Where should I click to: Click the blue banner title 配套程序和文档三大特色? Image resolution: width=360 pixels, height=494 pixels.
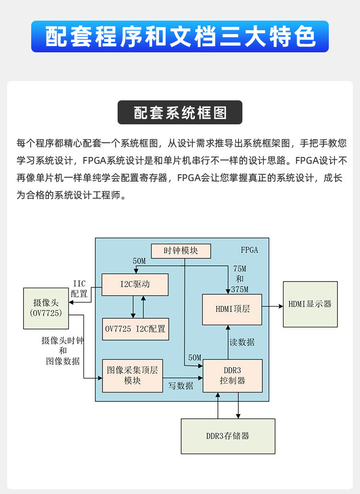[x=180, y=37]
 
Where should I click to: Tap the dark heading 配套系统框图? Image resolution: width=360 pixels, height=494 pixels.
[x=180, y=113]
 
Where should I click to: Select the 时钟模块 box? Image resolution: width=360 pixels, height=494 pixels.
[x=181, y=251]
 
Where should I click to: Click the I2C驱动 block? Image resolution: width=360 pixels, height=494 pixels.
[x=135, y=284]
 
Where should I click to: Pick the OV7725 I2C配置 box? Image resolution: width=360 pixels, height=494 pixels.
[x=135, y=329]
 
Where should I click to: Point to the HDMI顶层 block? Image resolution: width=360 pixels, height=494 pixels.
[x=232, y=309]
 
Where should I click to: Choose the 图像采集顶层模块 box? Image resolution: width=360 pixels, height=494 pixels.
[x=132, y=375]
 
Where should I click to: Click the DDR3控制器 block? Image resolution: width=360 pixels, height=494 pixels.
[x=233, y=375]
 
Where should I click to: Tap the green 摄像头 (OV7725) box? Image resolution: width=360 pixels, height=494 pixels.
[x=46, y=308]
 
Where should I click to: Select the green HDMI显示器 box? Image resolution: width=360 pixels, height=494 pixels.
[x=310, y=304]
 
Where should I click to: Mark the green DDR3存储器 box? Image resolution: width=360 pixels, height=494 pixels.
[x=228, y=436]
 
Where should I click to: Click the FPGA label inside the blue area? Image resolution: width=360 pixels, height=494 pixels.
[x=249, y=250]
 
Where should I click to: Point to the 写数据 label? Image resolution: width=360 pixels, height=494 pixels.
[x=180, y=386]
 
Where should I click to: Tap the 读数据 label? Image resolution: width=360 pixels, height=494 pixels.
[x=242, y=342]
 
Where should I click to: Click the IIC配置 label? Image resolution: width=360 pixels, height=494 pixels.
[x=79, y=289]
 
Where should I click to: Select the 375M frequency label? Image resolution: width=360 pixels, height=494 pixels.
[x=240, y=289]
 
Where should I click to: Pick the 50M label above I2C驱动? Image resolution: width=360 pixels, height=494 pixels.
[x=139, y=261]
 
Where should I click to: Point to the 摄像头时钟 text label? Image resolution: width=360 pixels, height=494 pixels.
[x=63, y=341]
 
